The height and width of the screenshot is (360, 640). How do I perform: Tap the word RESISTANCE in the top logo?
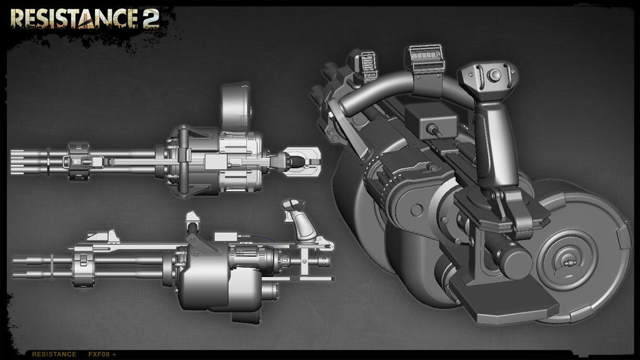click(x=74, y=19)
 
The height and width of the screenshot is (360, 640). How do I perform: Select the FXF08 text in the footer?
click(x=99, y=354)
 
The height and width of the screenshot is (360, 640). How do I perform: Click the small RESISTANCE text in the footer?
click(x=54, y=354)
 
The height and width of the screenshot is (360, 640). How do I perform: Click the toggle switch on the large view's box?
click(x=434, y=131)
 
